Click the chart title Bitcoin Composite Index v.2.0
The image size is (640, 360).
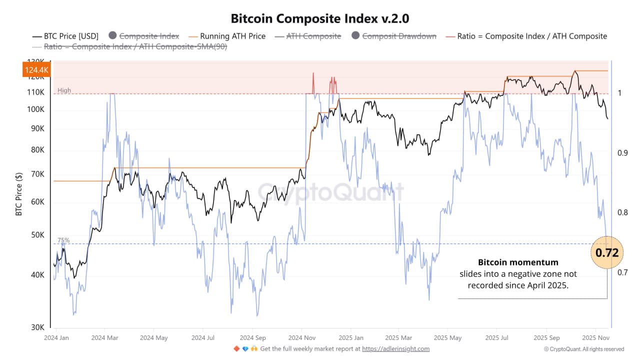click(320, 18)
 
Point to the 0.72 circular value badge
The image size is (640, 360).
click(607, 253)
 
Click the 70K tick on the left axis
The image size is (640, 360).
click(37, 174)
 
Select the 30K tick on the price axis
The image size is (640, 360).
click(37, 327)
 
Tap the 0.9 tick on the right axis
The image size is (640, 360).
click(622, 153)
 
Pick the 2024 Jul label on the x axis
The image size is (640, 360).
click(204, 337)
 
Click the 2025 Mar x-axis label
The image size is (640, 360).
click(399, 337)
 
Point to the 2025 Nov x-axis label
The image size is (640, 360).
click(595, 337)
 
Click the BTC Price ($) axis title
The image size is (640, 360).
click(19, 194)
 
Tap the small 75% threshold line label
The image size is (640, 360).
click(63, 240)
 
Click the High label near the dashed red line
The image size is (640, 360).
click(64, 90)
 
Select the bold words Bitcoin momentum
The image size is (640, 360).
click(518, 262)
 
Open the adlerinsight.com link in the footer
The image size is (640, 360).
click(395, 348)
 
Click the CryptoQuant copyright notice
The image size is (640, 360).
click(583, 349)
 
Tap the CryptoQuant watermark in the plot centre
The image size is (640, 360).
click(330, 192)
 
